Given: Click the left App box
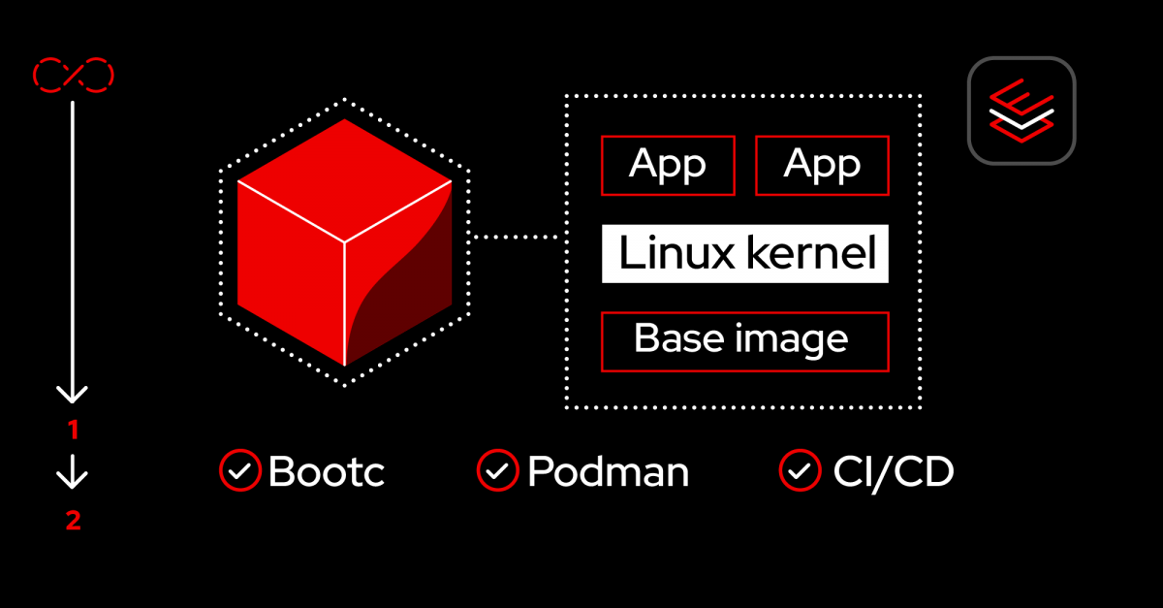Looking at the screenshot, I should pyautogui.click(x=668, y=165).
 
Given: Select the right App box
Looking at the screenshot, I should pyautogui.click(x=822, y=165).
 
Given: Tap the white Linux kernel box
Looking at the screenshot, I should pyautogui.click(x=744, y=254).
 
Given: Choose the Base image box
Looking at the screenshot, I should pyautogui.click(x=744, y=341).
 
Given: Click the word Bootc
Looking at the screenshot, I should pyautogui.click(x=327, y=472).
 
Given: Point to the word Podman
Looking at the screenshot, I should pyautogui.click(x=608, y=472).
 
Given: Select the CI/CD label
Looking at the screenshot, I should pyautogui.click(x=893, y=472).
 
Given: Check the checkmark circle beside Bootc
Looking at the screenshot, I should pyautogui.click(x=238, y=471).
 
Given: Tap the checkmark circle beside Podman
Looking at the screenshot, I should pyautogui.click(x=497, y=471).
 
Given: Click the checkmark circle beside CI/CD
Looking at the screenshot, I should pyautogui.click(x=800, y=471).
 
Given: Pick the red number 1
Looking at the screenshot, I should pyautogui.click(x=73, y=430).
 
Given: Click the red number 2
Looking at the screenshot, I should pyautogui.click(x=73, y=521).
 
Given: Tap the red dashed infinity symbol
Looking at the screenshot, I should pyautogui.click(x=74, y=74).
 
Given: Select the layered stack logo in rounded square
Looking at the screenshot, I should pyautogui.click(x=1021, y=111).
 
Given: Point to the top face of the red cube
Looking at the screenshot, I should pyautogui.click(x=345, y=179).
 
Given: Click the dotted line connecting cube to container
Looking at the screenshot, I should pyautogui.click(x=517, y=236).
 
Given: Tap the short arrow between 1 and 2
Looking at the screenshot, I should pyautogui.click(x=73, y=474).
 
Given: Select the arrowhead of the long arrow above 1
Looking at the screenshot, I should pyautogui.click(x=73, y=393).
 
